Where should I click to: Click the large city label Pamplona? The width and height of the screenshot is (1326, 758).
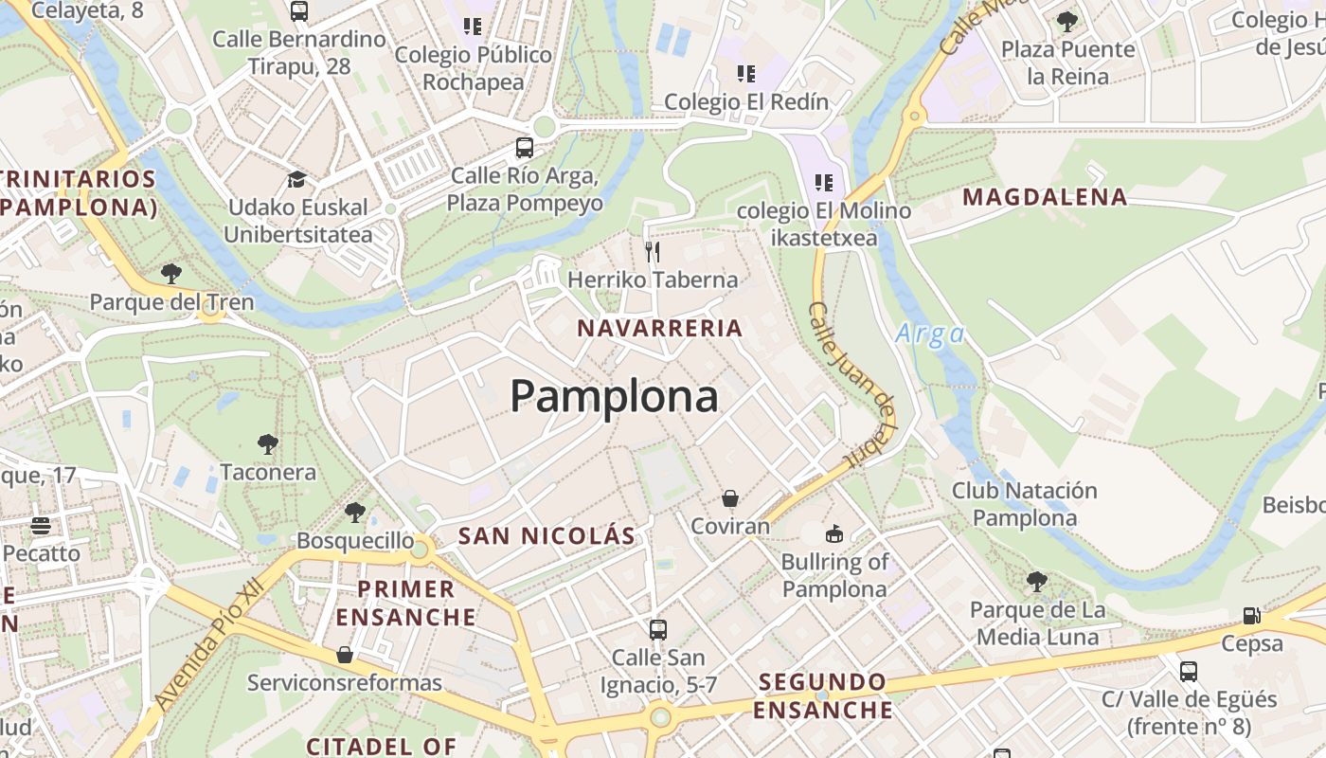(x=615, y=396)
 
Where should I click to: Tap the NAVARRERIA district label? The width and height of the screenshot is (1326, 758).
(x=660, y=329)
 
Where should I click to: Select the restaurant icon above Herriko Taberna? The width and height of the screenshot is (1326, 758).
(x=652, y=251)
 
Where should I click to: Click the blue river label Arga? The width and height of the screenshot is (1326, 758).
(x=929, y=334)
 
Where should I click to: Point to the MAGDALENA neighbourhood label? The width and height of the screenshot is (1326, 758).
(x=1045, y=197)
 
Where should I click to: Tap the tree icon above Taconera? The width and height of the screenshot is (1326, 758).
(x=268, y=443)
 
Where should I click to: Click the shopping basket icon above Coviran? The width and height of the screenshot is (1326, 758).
(x=730, y=498)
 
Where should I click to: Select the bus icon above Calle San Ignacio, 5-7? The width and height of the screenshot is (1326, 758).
(x=657, y=629)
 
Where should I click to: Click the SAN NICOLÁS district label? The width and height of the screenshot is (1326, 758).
(x=547, y=536)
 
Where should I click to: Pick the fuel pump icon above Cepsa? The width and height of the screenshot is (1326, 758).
(x=1251, y=616)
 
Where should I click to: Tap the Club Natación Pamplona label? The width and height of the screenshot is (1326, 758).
(x=1024, y=504)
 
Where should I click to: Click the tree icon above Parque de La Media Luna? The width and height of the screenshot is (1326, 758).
(x=1037, y=581)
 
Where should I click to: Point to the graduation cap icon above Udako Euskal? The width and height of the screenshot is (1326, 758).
(x=297, y=179)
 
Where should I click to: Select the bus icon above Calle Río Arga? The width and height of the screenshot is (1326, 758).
(x=524, y=148)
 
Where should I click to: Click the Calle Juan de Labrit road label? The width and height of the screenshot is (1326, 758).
(x=851, y=384)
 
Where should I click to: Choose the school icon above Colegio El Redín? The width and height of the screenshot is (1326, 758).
(x=746, y=73)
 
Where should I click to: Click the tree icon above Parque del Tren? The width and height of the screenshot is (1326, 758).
(x=171, y=274)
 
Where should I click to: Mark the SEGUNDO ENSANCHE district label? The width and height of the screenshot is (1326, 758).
(x=823, y=695)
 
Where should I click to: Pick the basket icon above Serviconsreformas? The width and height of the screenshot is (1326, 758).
(x=345, y=655)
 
